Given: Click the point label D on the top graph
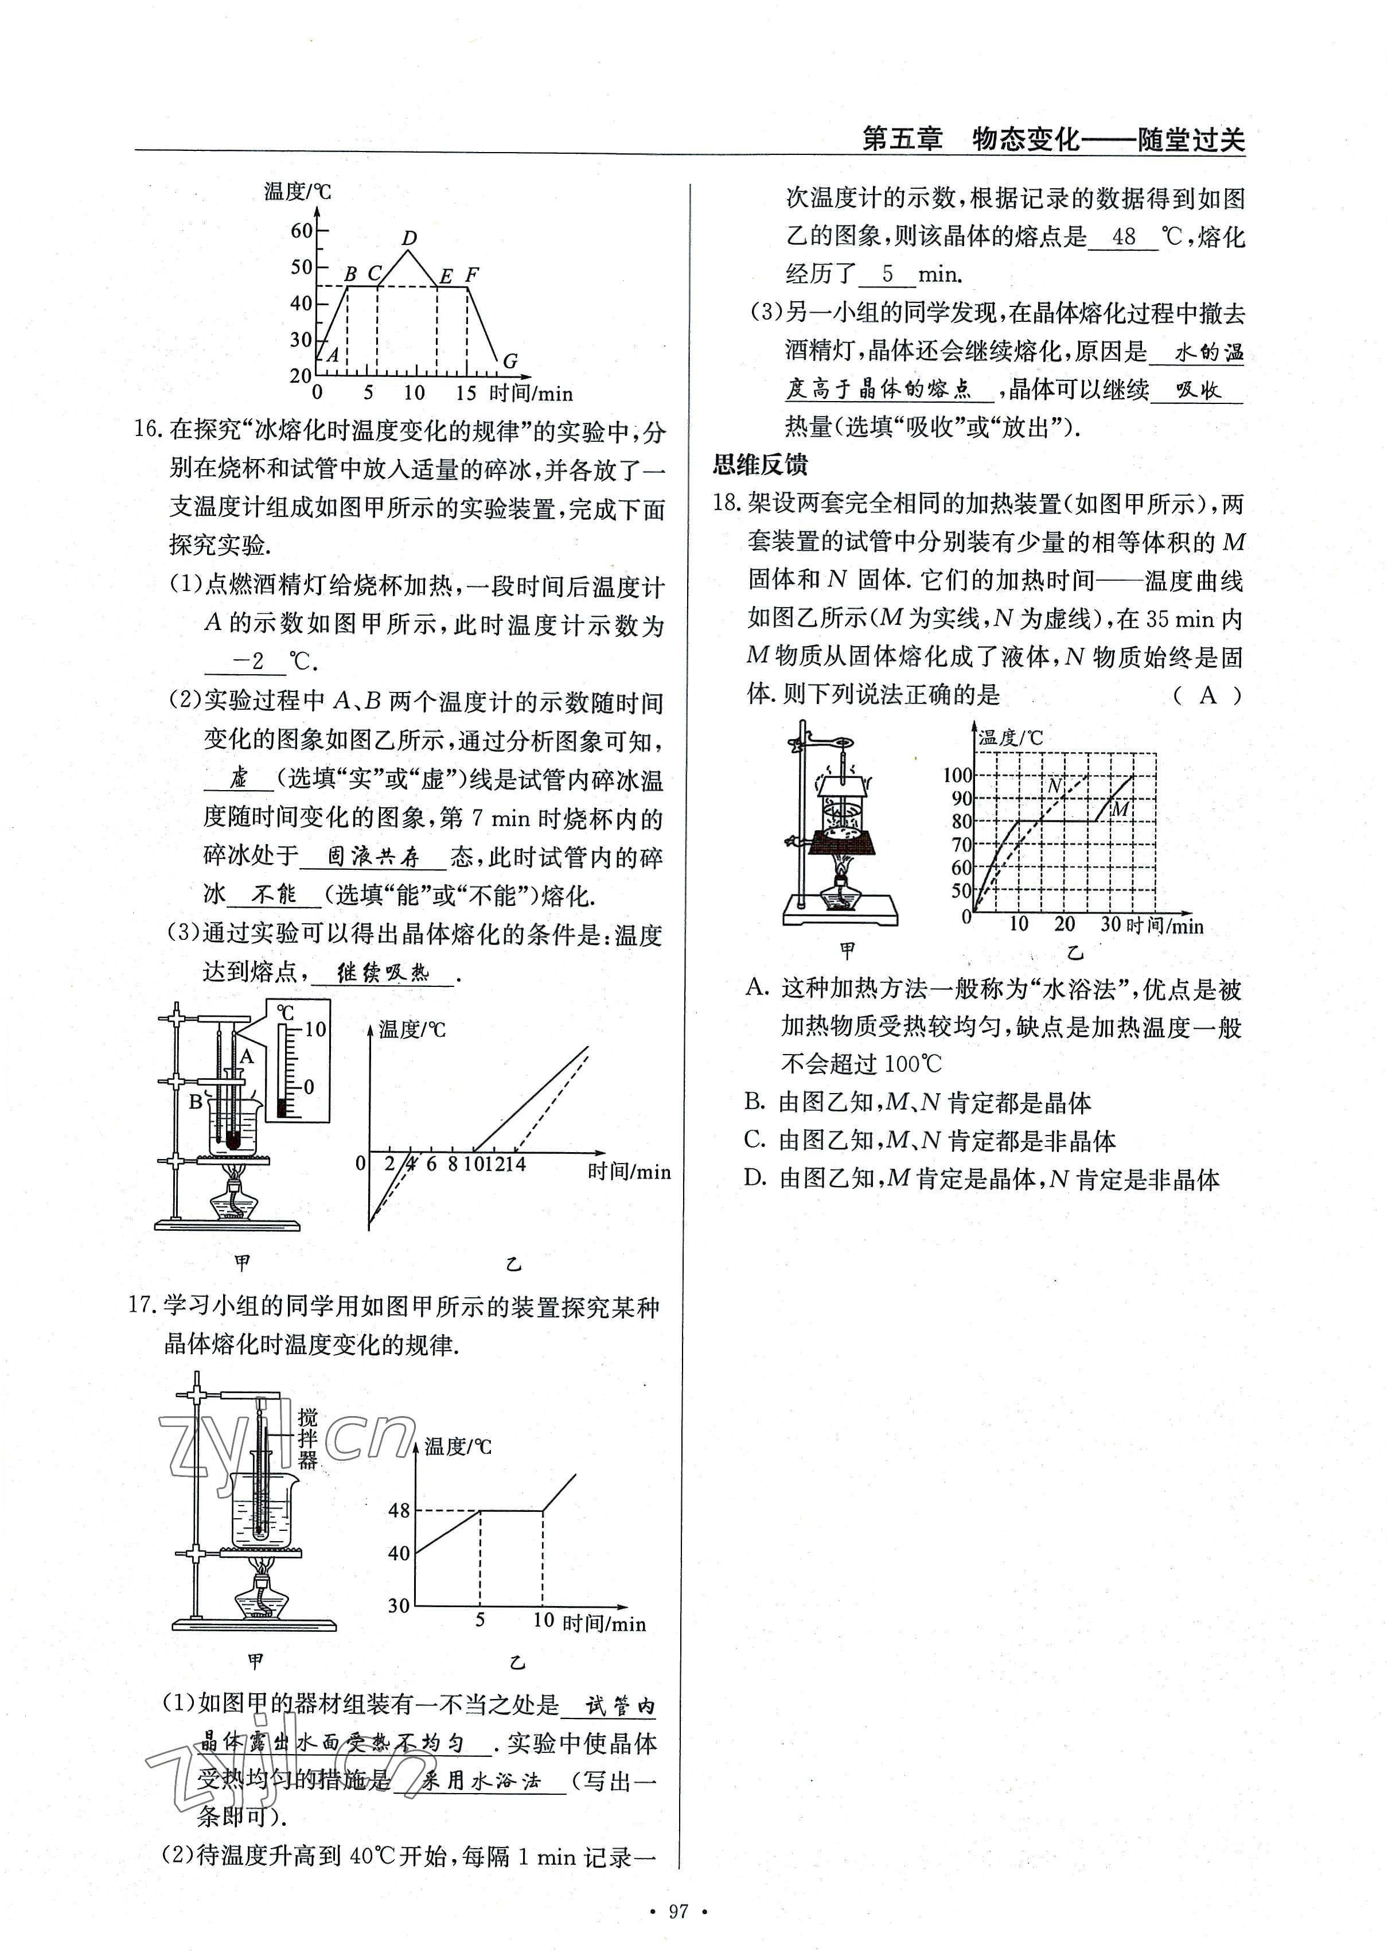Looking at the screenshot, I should coord(410,239).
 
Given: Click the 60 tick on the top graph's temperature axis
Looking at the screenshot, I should coord(302,230).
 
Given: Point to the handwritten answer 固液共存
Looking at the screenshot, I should coord(373,856).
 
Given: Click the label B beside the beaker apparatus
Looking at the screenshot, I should coord(196,1102).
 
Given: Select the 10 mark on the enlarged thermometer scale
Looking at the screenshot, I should coord(315,1029).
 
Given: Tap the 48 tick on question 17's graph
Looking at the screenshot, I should coord(399,1510).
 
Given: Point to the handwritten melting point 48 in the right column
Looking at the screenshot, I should coord(1124,237).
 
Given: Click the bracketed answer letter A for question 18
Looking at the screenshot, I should coord(1208,695).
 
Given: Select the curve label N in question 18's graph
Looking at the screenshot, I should coord(1054,784).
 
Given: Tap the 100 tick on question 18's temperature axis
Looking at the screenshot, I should coord(957,775).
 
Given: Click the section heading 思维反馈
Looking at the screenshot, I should coord(760,465).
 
